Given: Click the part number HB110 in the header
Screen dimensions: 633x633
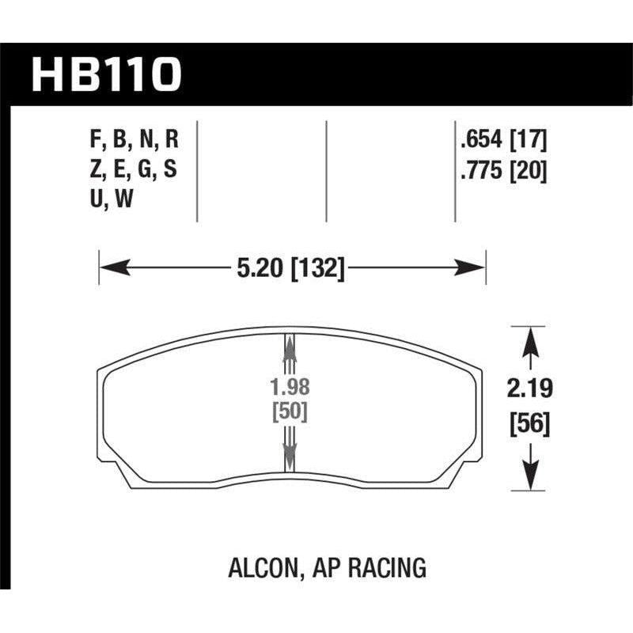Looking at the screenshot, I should click(x=108, y=75).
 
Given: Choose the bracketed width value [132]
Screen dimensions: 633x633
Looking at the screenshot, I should click(x=318, y=269).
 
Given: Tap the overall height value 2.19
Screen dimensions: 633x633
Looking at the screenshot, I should click(x=527, y=389).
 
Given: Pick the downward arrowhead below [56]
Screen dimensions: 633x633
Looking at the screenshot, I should click(x=527, y=479).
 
